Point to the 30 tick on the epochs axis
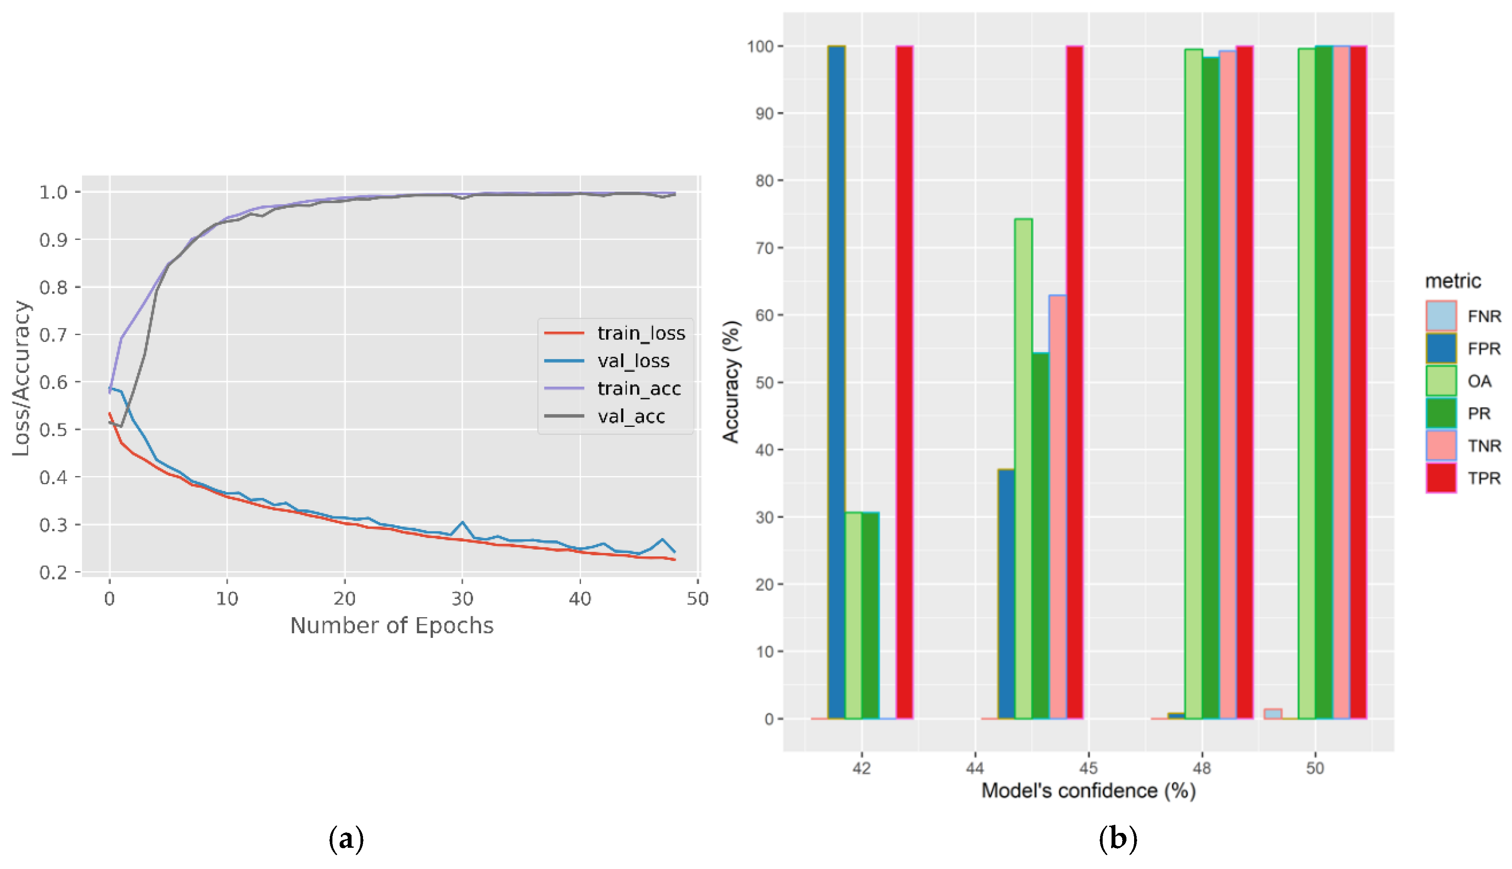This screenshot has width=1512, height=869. (x=462, y=598)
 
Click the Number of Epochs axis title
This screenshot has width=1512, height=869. (x=392, y=626)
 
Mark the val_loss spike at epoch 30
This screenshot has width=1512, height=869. (x=462, y=523)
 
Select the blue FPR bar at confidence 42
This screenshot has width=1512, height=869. (x=836, y=382)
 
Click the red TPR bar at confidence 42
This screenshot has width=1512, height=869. (x=904, y=382)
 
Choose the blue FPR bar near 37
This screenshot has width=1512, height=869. (x=1006, y=594)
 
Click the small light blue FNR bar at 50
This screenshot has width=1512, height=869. (x=1273, y=714)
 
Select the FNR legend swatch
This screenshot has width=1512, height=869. (x=1441, y=316)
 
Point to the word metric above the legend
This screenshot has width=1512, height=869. (x=1453, y=281)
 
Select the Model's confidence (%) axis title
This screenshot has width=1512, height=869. (x=1088, y=791)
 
